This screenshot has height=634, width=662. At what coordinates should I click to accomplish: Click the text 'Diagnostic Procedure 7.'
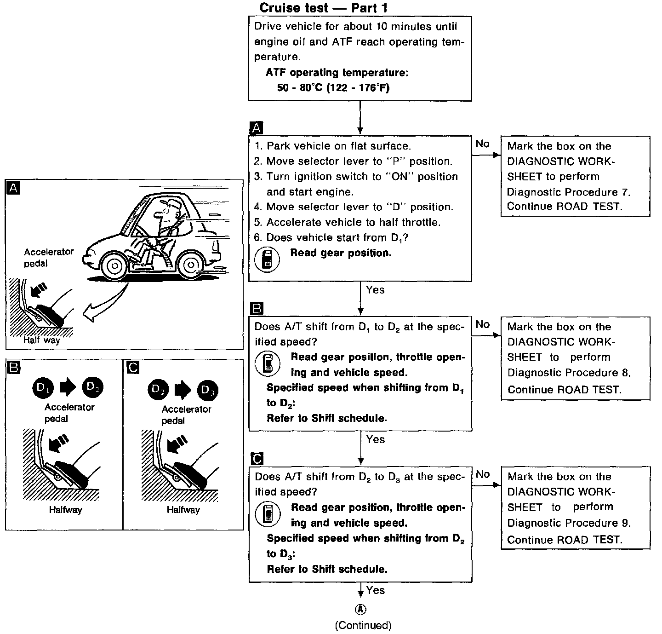tap(569, 191)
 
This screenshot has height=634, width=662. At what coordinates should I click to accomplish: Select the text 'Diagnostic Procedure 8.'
tap(569, 372)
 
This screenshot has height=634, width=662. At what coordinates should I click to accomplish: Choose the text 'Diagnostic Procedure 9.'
tap(569, 523)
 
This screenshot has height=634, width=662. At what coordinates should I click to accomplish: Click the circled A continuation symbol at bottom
tap(361, 609)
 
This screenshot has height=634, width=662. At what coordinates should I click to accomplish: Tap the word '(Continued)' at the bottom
tap(363, 625)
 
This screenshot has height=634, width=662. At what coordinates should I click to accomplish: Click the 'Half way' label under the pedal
tap(42, 340)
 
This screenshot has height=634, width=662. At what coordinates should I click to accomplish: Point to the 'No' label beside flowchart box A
tap(482, 144)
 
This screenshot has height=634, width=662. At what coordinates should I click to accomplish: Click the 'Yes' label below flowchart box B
tap(375, 439)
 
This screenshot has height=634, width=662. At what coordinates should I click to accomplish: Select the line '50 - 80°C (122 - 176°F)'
tap(333, 87)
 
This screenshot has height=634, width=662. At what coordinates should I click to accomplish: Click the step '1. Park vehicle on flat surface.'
tap(332, 146)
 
